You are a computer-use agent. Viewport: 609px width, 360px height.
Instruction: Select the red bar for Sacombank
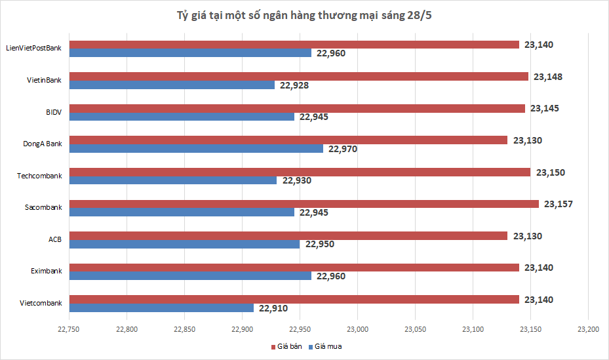pos(304,204)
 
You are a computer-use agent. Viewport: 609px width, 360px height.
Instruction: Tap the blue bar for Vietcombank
pos(162,308)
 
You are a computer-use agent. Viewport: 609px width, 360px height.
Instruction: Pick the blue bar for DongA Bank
pos(197,149)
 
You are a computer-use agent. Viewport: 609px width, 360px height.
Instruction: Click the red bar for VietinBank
pos(299,77)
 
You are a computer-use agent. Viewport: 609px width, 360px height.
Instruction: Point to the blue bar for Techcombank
pos(173,180)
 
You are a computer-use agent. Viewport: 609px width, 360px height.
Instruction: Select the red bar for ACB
pos(288,235)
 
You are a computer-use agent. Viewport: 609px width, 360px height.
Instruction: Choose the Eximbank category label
pos(47,271)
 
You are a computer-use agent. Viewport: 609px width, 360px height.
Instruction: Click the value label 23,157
pos(557,204)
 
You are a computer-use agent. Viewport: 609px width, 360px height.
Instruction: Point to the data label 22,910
pos(273,308)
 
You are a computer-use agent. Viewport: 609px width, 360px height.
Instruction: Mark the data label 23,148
pos(548,77)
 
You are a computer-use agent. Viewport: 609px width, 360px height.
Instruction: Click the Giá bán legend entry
pos(286,346)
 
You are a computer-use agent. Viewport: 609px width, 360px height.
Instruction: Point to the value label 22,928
pos(294,85)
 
